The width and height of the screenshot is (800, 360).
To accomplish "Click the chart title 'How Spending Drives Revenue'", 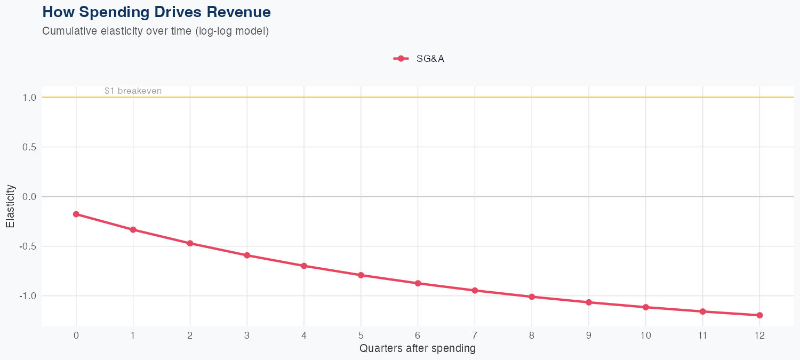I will tap(156, 12).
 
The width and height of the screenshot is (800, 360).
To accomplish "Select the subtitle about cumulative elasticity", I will tap(155, 31).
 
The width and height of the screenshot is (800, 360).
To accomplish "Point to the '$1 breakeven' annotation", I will tap(133, 91).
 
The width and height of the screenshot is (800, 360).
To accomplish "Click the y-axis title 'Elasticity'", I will tap(10, 206).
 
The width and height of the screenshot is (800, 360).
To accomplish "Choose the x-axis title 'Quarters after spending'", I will tap(417, 349).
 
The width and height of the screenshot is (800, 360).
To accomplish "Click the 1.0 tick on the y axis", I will tap(29, 98).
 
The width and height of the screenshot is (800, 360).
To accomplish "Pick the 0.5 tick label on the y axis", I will tap(29, 147).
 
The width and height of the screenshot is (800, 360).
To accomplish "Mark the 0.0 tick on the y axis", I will tap(29, 197).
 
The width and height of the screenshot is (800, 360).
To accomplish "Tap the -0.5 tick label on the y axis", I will tap(28, 246).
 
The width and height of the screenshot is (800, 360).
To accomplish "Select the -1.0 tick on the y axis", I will tap(28, 296).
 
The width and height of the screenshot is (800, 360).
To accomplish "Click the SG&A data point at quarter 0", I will tap(76, 214).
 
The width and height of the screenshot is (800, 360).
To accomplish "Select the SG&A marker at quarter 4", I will tap(304, 266).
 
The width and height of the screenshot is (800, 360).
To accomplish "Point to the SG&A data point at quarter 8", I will tap(532, 297).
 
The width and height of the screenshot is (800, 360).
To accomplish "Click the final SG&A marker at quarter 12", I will tap(759, 315).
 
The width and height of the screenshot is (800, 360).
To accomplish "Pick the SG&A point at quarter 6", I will tap(418, 283).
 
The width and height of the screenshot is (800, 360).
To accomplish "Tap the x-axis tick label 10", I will tap(645, 335).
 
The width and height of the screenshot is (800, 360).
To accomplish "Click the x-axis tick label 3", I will tap(247, 335).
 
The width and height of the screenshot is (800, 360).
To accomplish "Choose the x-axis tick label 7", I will tap(475, 335).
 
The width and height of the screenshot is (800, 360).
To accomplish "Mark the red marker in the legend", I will tap(401, 59).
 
